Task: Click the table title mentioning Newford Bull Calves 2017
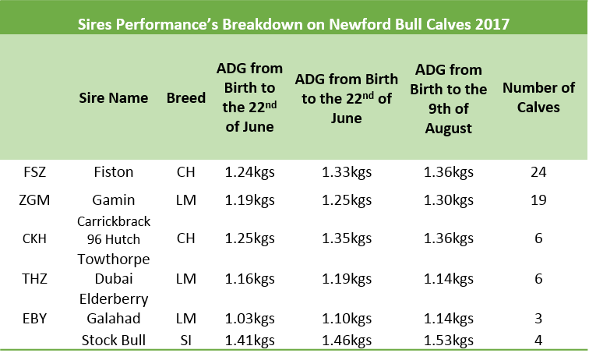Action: pos(294,24)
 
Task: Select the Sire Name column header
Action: pos(114,97)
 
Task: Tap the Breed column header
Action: pos(186,97)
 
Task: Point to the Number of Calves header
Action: pos(538,97)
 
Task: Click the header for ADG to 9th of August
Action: pos(448,99)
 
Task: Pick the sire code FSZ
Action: pos(34,172)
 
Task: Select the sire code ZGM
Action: pos(34,200)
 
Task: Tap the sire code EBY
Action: pos(34,318)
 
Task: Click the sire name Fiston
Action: pos(114,172)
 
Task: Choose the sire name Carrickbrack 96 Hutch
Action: pos(114,230)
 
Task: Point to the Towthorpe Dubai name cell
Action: pos(114,269)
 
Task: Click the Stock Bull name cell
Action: pos(114,340)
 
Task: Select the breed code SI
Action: pos(186,340)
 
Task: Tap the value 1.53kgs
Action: pos(448,340)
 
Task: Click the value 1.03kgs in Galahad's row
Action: pos(249,318)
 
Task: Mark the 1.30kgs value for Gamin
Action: pos(448,200)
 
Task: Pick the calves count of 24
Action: pos(538,172)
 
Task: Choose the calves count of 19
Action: pos(538,200)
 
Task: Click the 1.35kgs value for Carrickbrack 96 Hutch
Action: pos(347,238)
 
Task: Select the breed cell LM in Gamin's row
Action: pos(186,200)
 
